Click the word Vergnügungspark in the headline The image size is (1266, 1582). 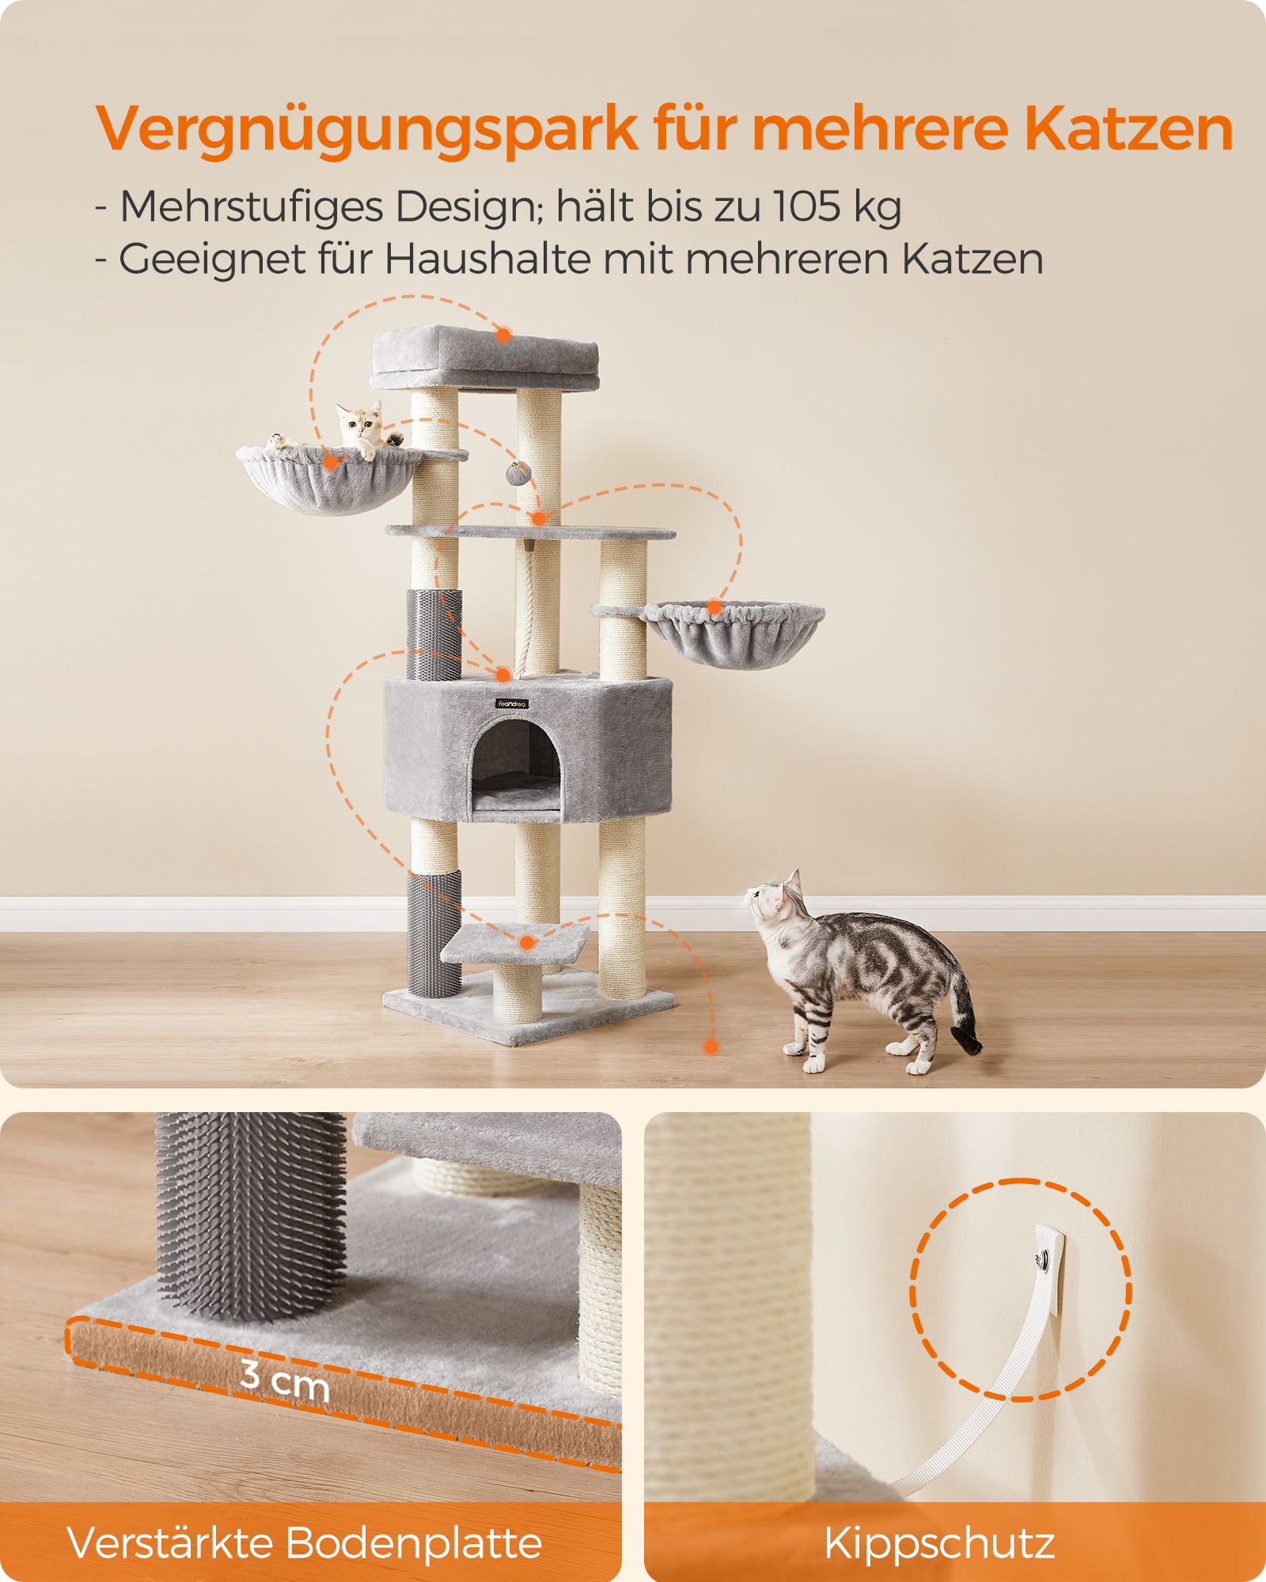pos(366,130)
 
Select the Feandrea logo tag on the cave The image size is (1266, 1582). pos(512,703)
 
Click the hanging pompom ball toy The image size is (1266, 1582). pos(517,474)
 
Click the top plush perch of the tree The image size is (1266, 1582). pos(485,360)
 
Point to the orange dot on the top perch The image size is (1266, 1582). pos(503,335)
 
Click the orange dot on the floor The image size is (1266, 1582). pos(711,1047)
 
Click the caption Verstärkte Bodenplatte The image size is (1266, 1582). pos(305,1542)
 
